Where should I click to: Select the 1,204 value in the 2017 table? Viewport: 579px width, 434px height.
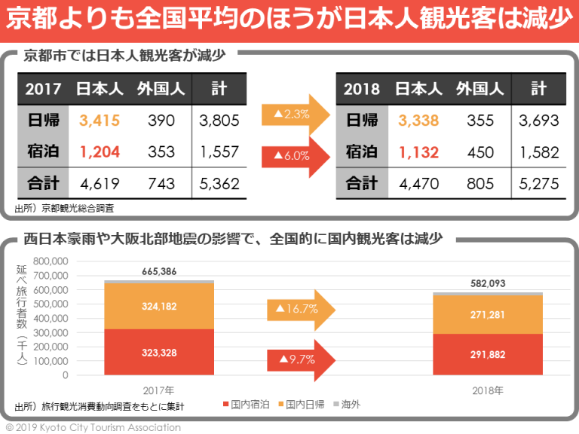click(99, 151)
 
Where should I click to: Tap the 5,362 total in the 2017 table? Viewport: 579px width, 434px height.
click(219, 184)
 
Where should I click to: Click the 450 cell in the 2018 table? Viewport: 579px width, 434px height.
click(480, 151)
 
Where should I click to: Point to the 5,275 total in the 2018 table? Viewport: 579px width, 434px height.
click(538, 184)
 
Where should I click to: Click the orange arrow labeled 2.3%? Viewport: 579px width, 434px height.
click(295, 115)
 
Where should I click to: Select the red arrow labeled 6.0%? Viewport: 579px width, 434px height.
click(295, 156)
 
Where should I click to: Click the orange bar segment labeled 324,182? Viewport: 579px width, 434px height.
click(159, 306)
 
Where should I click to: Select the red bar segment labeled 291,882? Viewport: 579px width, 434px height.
click(489, 354)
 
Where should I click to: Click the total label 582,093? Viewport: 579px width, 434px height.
click(489, 283)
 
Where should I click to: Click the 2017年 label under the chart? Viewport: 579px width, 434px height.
click(159, 391)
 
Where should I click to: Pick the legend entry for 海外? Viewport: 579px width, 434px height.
click(346, 405)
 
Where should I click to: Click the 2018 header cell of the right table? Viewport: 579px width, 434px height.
click(362, 89)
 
